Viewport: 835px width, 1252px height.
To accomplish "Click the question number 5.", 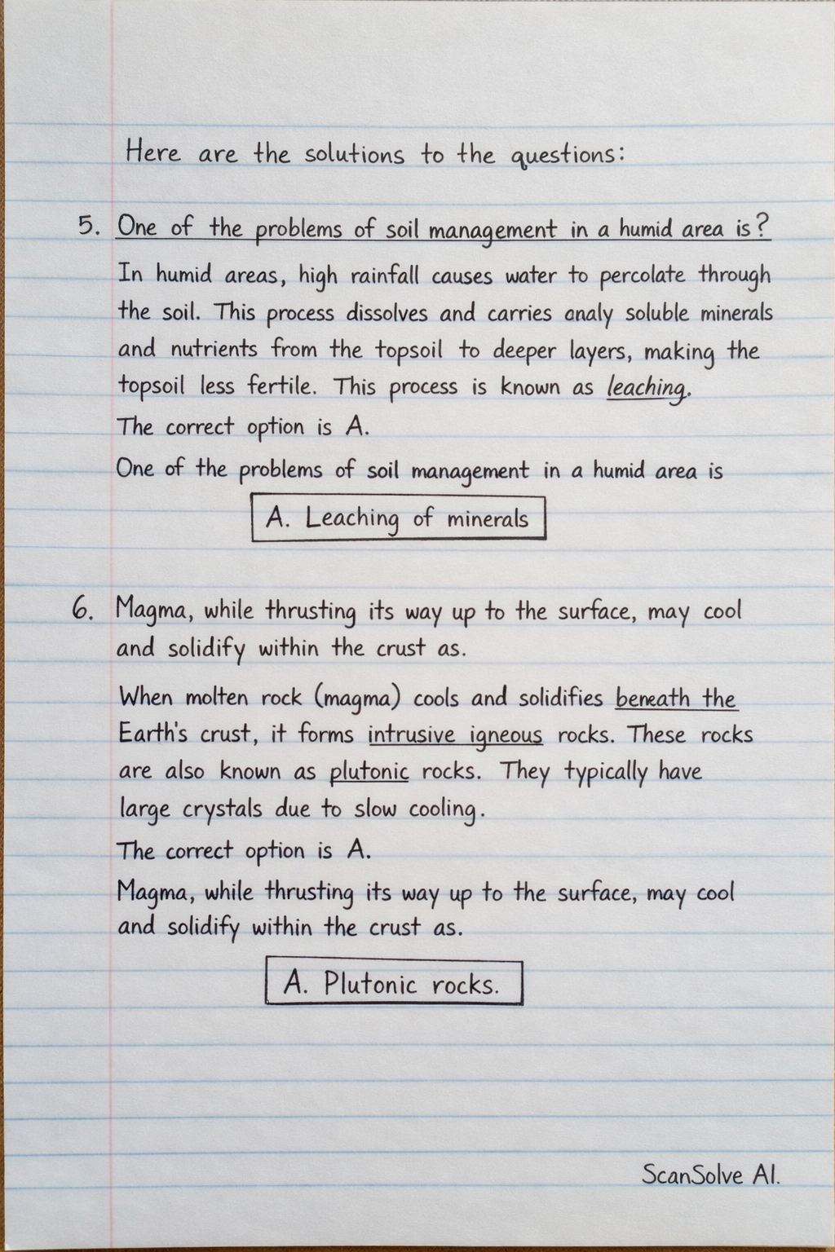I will (87, 226).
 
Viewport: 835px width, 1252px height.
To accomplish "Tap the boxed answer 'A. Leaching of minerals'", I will (398, 518).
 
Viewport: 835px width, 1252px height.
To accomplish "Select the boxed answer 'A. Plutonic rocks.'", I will (394, 985).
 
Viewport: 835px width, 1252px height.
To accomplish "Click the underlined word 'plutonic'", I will (369, 771).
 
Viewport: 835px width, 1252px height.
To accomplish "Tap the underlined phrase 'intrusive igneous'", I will (455, 735).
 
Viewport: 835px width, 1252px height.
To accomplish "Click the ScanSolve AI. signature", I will (710, 1175).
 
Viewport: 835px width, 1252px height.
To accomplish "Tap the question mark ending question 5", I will (762, 227).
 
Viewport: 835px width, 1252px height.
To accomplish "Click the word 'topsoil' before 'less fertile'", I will (154, 387).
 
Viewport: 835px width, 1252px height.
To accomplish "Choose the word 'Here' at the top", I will (153, 152).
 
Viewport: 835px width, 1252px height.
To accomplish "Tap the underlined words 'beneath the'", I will (676, 699).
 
